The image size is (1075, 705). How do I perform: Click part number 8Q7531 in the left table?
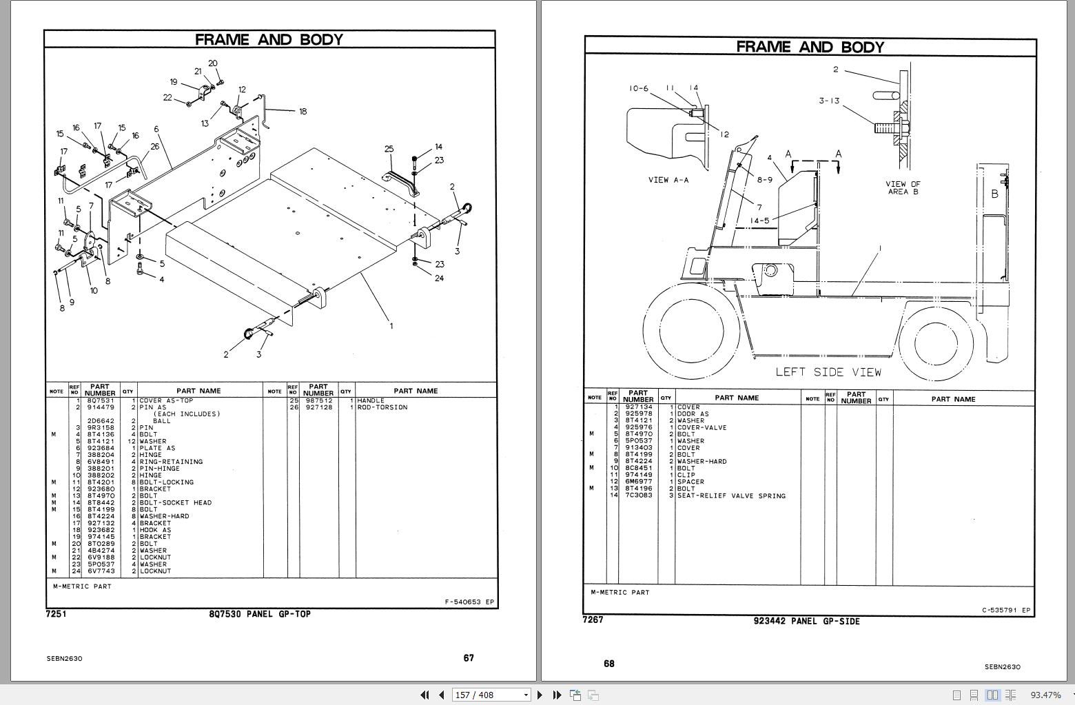tap(101, 400)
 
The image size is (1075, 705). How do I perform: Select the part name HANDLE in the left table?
tap(371, 400)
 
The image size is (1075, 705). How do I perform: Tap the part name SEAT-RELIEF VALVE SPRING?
tap(731, 495)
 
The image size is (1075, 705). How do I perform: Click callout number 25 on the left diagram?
tap(389, 149)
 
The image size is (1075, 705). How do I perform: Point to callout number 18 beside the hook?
tap(303, 111)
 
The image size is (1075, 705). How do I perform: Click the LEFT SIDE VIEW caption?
tap(828, 372)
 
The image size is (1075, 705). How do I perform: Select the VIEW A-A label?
tap(668, 180)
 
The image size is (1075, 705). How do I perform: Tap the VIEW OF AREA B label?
tap(902, 187)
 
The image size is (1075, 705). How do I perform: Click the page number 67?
tap(469, 658)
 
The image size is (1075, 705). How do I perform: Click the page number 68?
tap(609, 664)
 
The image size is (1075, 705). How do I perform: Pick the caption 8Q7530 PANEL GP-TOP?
tap(260, 614)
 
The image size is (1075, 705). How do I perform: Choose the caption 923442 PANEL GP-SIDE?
tap(806, 622)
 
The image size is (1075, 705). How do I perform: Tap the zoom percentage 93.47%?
tap(1045, 695)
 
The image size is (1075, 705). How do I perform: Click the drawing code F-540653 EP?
tap(469, 602)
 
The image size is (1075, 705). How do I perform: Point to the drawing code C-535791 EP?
tap(1006, 610)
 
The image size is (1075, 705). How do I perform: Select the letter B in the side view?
tap(994, 194)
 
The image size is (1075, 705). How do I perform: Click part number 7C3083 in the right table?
tap(638, 495)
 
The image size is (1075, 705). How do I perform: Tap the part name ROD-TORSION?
tap(382, 407)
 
